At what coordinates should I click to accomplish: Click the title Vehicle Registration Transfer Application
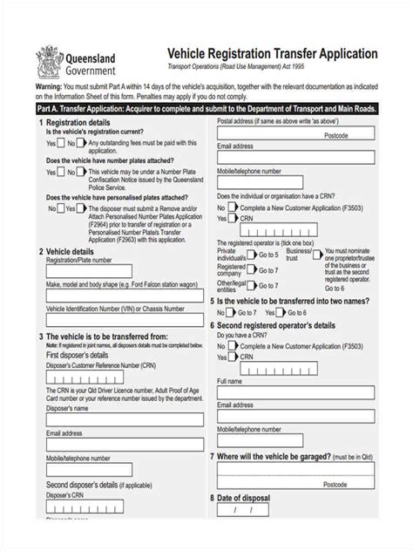[x=266, y=54]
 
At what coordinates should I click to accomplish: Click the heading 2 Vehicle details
[x=67, y=252]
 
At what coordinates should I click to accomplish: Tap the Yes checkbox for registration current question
[x=64, y=144]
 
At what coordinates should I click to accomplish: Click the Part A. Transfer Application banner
[x=206, y=111]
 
